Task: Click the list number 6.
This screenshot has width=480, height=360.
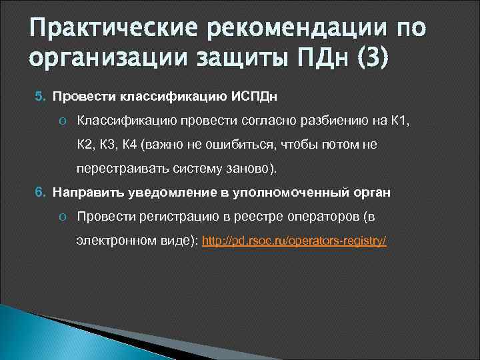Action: [x=39, y=192]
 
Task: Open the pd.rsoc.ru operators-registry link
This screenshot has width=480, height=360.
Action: [x=294, y=241]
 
